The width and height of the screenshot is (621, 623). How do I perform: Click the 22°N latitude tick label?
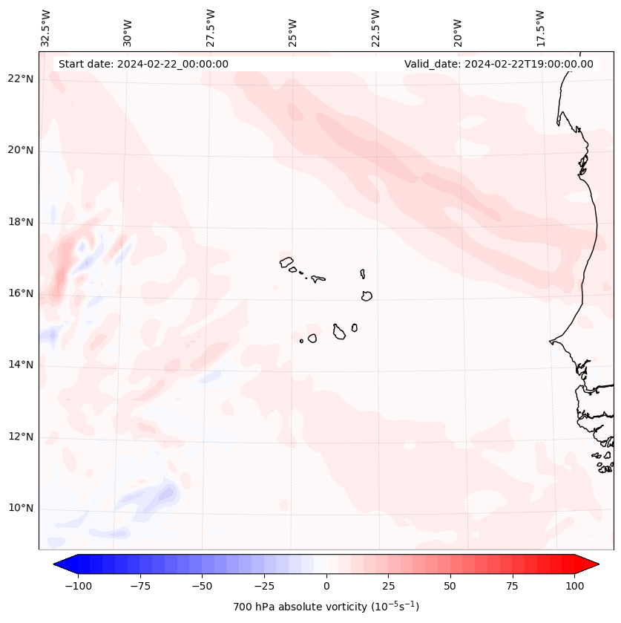click(21, 79)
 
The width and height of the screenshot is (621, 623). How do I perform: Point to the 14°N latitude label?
click(21, 365)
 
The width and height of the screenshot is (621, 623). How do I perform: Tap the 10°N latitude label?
click(21, 509)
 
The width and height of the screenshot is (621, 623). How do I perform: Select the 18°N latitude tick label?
click(21, 222)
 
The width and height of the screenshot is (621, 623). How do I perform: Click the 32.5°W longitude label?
click(45, 27)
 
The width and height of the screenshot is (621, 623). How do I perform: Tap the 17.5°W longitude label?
click(540, 27)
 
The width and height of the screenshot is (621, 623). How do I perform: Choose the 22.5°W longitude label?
click(375, 27)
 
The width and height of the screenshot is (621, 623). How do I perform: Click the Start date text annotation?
click(143, 64)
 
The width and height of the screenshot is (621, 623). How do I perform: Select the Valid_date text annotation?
click(499, 64)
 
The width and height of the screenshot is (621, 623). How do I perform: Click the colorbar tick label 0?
click(326, 586)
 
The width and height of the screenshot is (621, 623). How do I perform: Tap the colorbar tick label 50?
click(450, 586)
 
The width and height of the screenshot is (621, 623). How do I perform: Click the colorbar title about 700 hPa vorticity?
click(326, 607)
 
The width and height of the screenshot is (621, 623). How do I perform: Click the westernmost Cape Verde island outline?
click(286, 261)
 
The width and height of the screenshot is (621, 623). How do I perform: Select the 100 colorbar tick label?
click(574, 586)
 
